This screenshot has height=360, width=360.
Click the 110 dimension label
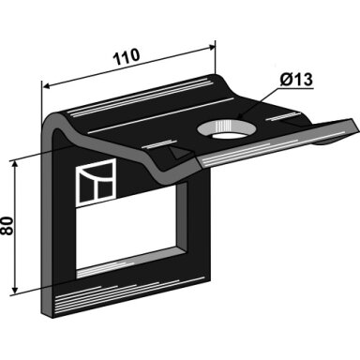(127, 56)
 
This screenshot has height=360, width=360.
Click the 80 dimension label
(7, 225)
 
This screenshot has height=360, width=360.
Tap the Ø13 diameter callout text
(296, 80)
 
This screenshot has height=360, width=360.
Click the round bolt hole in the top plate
(227, 128)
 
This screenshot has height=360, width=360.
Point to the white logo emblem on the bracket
(97, 182)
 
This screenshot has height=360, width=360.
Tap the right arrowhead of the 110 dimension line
(212, 48)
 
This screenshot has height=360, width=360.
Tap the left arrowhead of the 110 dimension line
(46, 86)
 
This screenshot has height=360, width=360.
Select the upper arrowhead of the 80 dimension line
(14, 166)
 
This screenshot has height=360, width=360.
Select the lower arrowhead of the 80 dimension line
(14, 290)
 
